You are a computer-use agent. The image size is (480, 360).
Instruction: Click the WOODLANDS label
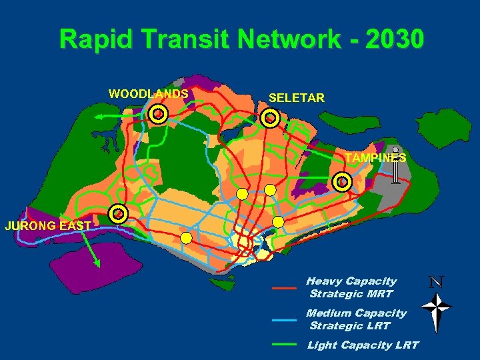[x=148, y=94]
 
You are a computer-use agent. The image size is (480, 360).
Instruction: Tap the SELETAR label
[x=297, y=98]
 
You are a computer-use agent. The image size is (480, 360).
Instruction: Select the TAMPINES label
[x=375, y=158]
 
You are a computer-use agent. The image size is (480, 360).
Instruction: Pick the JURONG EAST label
[x=47, y=225]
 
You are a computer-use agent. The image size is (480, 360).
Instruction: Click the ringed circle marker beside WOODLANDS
[x=158, y=115]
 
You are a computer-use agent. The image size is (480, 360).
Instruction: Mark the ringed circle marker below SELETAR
[x=270, y=119]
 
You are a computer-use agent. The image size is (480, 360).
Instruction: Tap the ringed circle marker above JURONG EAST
[x=118, y=214]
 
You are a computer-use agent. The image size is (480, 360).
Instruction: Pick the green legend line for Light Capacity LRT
[x=284, y=345]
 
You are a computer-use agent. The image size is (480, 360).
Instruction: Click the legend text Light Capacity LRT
[x=363, y=345]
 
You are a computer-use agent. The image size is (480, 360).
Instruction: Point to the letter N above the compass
[x=437, y=282]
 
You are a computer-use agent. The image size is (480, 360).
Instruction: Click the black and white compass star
[x=437, y=308]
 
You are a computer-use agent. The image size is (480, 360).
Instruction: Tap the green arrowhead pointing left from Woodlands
[x=97, y=117]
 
